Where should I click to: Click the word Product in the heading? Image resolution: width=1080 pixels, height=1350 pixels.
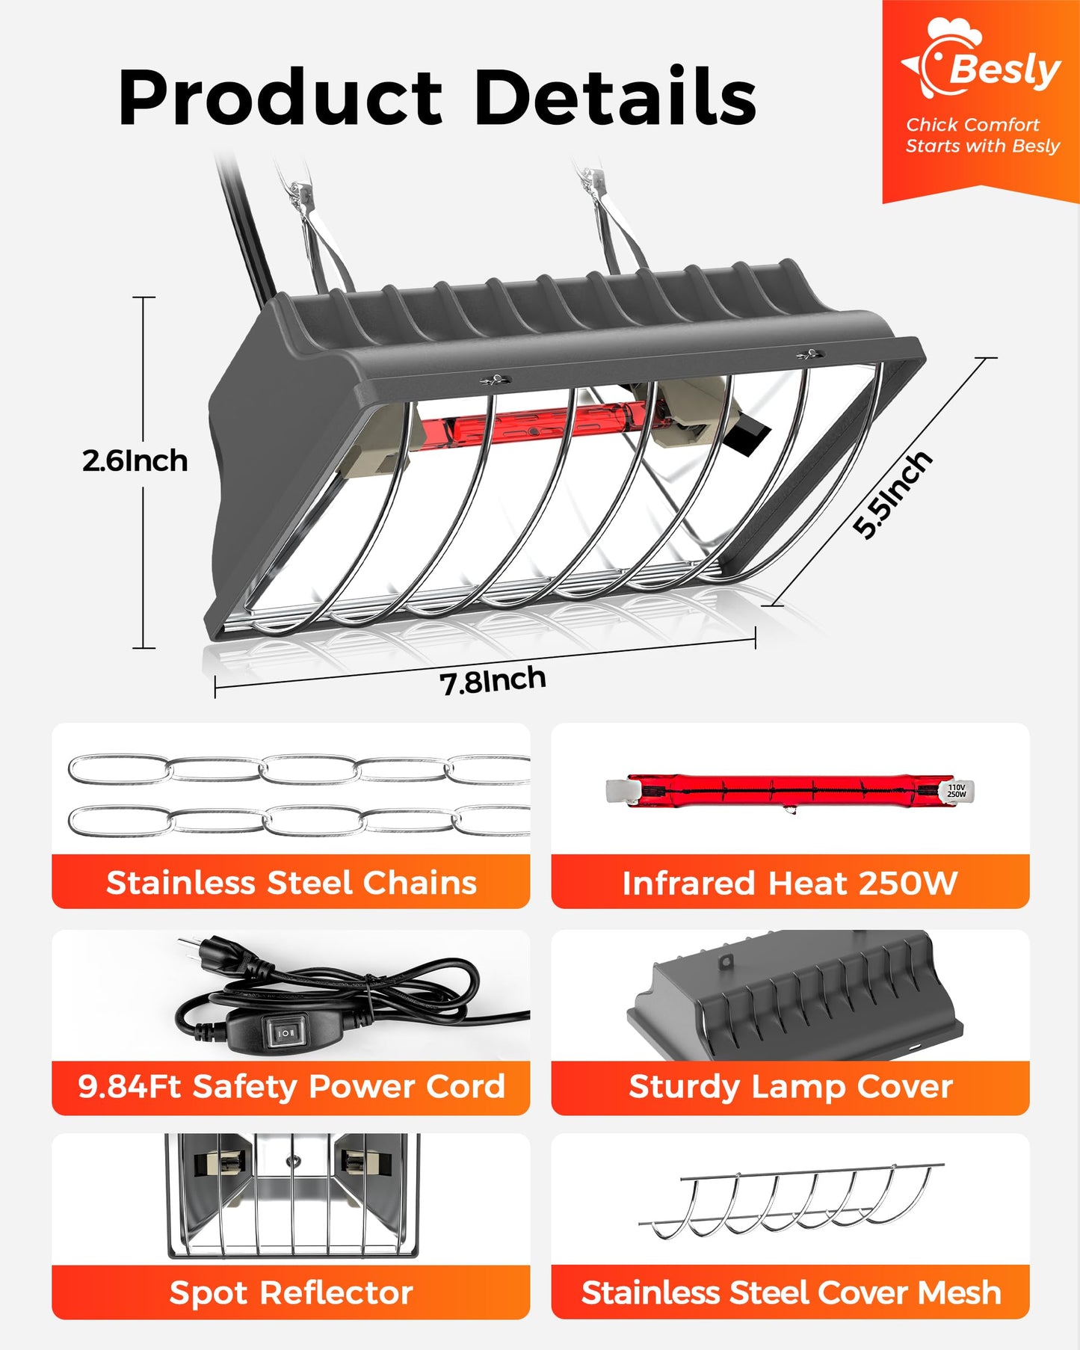point(281,99)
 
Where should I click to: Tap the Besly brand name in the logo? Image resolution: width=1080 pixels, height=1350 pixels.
point(1005,70)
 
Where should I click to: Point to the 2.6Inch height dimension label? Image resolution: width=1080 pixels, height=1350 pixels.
point(135,460)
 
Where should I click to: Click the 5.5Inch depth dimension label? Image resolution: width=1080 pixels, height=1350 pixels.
point(893,494)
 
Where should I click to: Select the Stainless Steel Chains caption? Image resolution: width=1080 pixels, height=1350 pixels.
point(291,883)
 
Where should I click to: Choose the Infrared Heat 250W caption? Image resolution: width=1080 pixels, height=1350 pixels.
point(790,883)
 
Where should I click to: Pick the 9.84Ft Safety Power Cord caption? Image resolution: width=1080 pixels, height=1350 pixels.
point(291,1087)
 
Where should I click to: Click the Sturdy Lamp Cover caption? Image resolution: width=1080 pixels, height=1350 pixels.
point(791,1087)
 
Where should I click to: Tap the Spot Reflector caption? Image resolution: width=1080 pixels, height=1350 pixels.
point(291,1292)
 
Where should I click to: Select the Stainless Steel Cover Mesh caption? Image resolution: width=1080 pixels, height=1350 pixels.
point(791,1292)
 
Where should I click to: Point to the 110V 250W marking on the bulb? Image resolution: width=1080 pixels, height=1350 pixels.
point(957,791)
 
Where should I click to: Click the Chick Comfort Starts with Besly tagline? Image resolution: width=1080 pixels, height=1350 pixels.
point(983,135)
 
